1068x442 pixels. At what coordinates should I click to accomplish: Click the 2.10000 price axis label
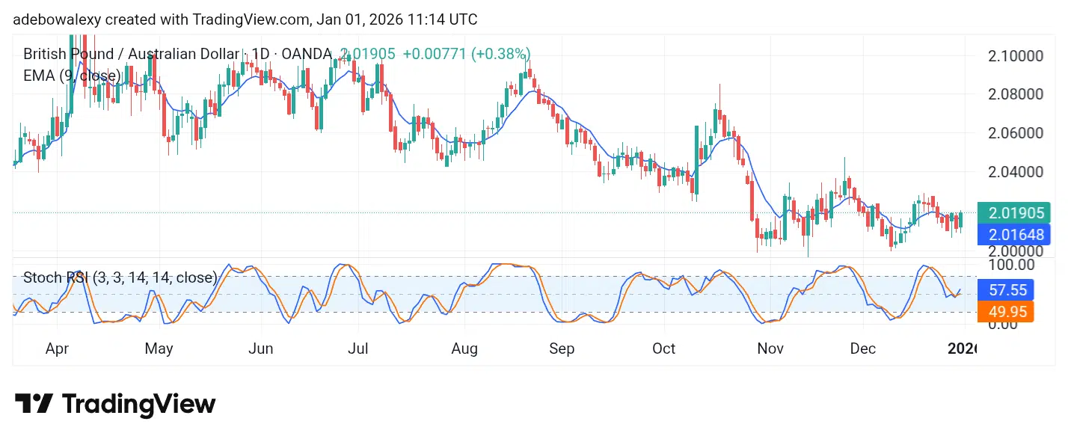pos(1015,56)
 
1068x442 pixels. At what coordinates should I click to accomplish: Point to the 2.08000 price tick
pos(1015,94)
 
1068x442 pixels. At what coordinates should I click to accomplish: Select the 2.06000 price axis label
pos(1015,133)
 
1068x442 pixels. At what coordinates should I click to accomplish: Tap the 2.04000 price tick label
pos(1015,171)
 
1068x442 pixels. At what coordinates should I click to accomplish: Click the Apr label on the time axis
pos(58,349)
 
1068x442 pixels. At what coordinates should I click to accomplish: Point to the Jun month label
pos(260,349)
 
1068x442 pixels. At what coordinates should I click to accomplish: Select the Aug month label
pos(464,349)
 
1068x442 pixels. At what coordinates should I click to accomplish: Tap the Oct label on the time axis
pos(663,349)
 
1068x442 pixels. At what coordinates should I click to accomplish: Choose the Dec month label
pos(862,349)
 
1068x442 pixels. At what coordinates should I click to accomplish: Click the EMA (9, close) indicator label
pos(72,76)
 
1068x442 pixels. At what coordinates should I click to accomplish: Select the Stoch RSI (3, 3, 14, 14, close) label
pos(120,277)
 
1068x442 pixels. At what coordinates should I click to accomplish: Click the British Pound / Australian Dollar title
pos(132,54)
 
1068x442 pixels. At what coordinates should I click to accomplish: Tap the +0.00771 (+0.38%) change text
pos(466,54)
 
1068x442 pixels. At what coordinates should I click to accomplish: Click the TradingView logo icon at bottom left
pos(34,405)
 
